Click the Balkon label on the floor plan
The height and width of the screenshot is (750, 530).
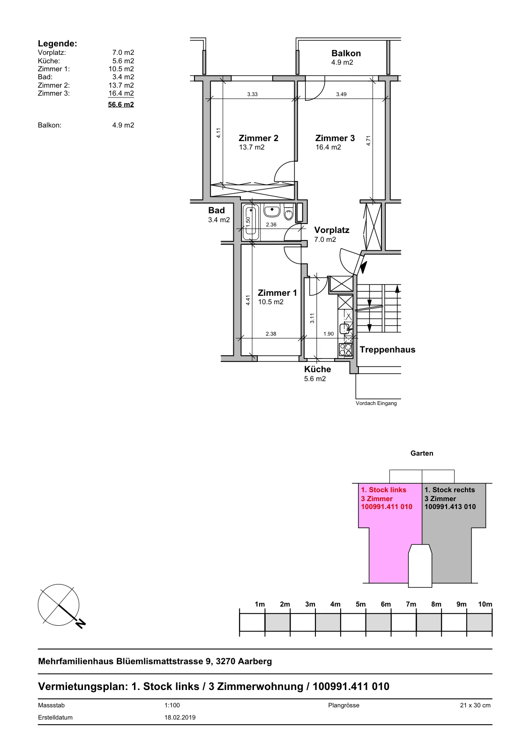[x=346, y=53]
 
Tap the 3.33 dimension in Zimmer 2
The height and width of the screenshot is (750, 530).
[x=253, y=94]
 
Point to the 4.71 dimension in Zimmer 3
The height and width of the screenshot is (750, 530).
[x=368, y=141]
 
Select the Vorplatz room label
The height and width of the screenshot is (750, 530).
[x=331, y=230]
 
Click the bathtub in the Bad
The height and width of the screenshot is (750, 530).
[x=251, y=223]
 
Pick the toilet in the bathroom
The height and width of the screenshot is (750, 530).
[x=289, y=212]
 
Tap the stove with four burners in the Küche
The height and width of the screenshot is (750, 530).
[x=345, y=350]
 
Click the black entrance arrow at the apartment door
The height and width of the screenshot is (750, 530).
[x=363, y=267]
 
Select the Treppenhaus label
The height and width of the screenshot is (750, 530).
[x=388, y=350]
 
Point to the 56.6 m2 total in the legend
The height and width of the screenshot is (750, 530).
[x=121, y=105]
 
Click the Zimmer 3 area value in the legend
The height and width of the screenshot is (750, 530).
[x=121, y=93]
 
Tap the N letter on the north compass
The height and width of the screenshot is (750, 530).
[x=81, y=623]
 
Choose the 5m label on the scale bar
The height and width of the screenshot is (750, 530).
[x=360, y=604]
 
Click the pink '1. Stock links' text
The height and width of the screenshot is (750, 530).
[x=383, y=490]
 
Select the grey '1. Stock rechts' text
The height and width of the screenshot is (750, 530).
[x=450, y=490]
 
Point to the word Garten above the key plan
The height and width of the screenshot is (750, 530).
[x=422, y=453]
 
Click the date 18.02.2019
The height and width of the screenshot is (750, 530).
[x=180, y=718]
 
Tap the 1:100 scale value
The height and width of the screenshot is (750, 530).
[x=172, y=705]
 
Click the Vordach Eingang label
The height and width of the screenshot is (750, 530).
[x=376, y=403]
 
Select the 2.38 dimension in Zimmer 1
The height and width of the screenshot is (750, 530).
[x=271, y=334]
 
